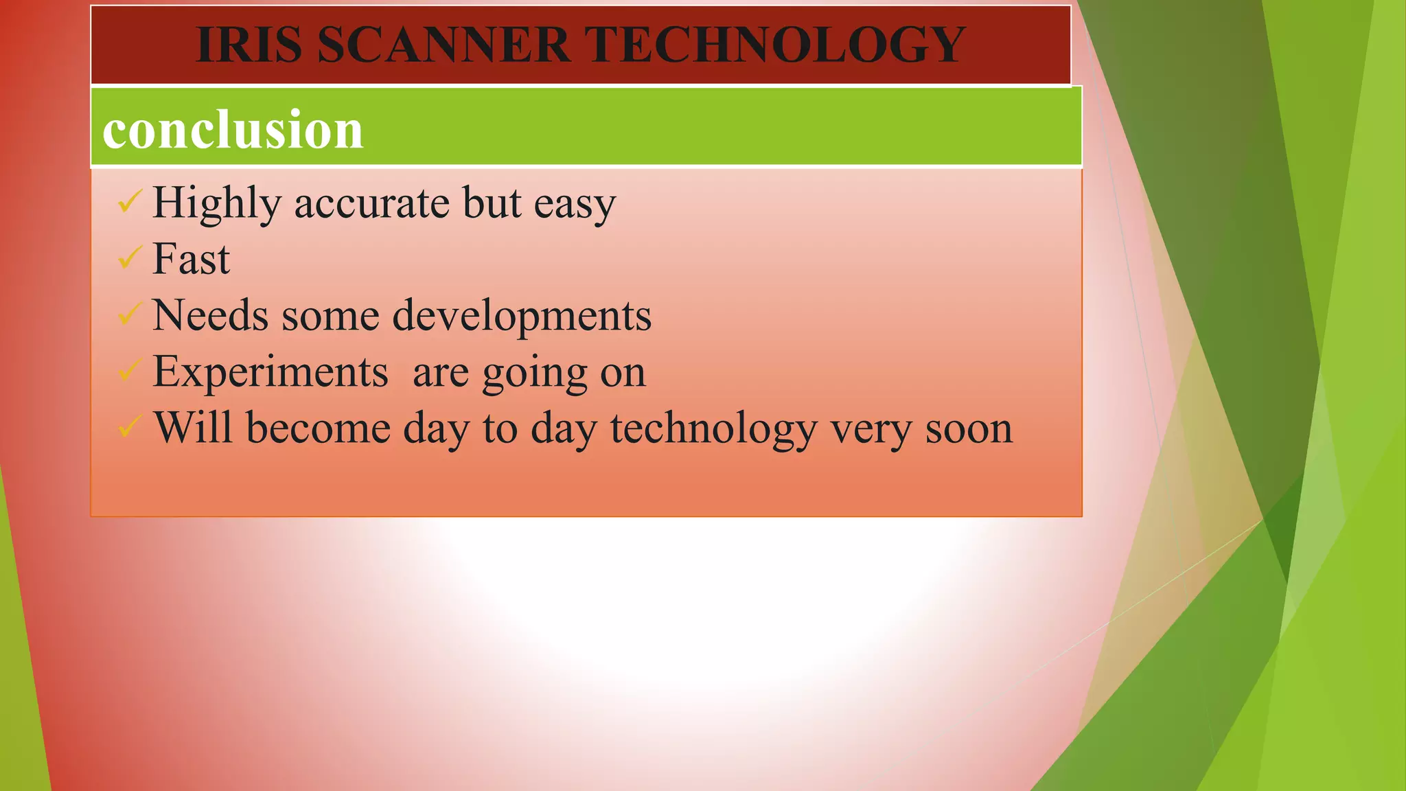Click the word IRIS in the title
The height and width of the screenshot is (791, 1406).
pyautogui.click(x=249, y=45)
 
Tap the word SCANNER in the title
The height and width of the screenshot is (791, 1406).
pyautogui.click(x=443, y=45)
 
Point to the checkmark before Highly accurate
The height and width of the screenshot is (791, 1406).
pyautogui.click(x=129, y=201)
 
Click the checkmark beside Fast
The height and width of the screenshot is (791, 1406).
pyautogui.click(x=129, y=257)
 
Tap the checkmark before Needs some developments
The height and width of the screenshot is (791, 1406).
pyautogui.click(x=129, y=314)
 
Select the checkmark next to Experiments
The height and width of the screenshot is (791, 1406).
pyautogui.click(x=129, y=370)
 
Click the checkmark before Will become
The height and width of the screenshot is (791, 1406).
pyautogui.click(x=129, y=426)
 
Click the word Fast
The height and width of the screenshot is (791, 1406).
pyautogui.click(x=191, y=259)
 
